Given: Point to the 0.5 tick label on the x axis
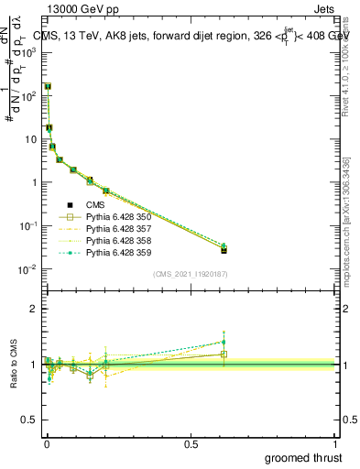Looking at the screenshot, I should [x=191, y=444].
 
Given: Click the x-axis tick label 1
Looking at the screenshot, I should [x=335, y=444].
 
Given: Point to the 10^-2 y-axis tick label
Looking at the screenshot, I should [x=28, y=268].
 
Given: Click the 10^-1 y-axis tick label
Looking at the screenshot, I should [x=28, y=225].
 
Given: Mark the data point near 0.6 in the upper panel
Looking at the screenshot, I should [x=224, y=249].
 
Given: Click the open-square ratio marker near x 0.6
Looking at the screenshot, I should [x=224, y=354].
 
